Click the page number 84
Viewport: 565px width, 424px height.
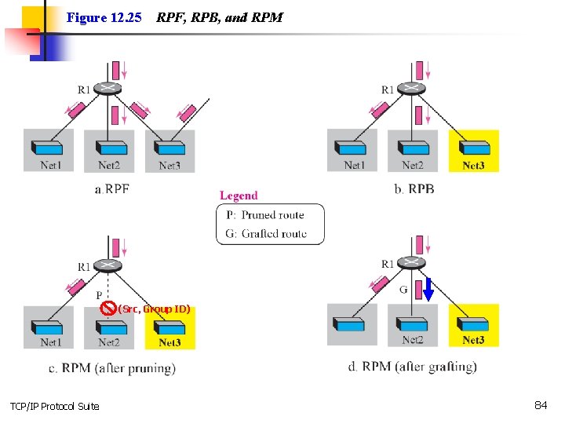(540, 405)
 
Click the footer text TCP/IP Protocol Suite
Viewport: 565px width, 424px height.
(54, 406)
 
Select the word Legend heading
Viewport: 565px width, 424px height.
(239, 196)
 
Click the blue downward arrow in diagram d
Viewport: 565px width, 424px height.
(428, 290)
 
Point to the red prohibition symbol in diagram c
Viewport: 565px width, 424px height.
(109, 308)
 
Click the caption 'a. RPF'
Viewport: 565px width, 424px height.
(111, 188)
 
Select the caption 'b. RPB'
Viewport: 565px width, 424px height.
(415, 188)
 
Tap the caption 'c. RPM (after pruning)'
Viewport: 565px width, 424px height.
(118, 367)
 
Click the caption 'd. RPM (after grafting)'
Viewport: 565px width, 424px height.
(412, 367)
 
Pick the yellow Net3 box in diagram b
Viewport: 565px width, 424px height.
(474, 151)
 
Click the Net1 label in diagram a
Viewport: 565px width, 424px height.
(50, 165)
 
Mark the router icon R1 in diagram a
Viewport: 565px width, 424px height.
(108, 87)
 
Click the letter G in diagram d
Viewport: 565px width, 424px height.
(403, 290)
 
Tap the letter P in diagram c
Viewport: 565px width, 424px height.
(100, 294)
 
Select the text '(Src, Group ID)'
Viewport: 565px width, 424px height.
(155, 309)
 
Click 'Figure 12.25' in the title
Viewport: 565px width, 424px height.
(104, 17)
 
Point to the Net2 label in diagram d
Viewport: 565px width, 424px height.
(413, 340)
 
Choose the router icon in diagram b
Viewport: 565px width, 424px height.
(411, 87)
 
